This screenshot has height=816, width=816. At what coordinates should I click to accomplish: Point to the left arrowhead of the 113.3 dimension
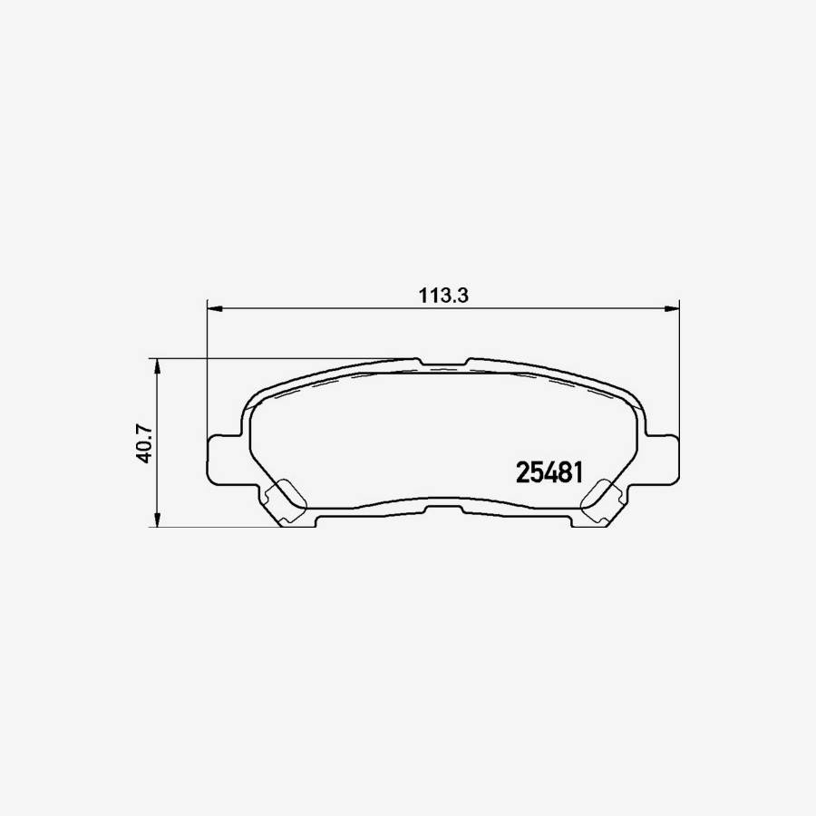[x=215, y=308]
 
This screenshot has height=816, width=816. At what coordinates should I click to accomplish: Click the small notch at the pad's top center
[x=444, y=362]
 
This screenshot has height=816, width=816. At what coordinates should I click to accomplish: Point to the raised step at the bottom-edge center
[x=443, y=501]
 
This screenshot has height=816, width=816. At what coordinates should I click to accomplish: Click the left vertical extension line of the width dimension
[x=208, y=381]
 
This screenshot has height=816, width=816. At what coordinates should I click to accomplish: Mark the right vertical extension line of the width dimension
[x=679, y=381]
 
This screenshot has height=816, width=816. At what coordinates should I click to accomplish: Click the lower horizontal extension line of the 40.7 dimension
[x=218, y=526]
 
